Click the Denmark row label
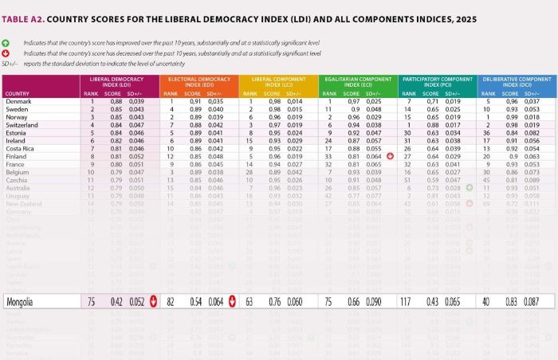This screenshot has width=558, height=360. point(19,102)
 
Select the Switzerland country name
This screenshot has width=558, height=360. point(24,125)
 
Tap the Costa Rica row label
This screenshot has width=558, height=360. point(22,148)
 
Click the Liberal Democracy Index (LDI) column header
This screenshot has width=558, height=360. point(119,82)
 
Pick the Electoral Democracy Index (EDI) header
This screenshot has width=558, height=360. point(198,82)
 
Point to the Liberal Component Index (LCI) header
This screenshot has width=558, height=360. point(278,82)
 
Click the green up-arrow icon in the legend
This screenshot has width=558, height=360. point(6,43)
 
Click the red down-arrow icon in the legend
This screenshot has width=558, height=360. point(6,53)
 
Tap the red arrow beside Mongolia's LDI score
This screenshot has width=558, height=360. point(152,302)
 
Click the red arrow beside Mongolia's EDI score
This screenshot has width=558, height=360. point(231,302)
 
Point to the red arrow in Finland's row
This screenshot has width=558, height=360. point(390,156)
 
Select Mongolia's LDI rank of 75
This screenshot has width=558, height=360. point(92,302)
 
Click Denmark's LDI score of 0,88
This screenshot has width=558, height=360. point(116,102)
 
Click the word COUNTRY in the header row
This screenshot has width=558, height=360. point(18,94)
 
